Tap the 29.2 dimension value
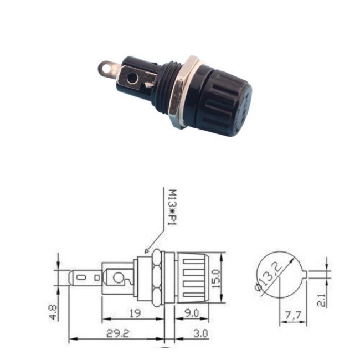(x=118, y=333)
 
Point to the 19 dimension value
(x=135, y=313)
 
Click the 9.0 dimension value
(x=192, y=313)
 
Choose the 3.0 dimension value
(x=200, y=333)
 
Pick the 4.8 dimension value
(x=53, y=312)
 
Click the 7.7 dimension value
(x=293, y=316)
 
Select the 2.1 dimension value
(x=321, y=300)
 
